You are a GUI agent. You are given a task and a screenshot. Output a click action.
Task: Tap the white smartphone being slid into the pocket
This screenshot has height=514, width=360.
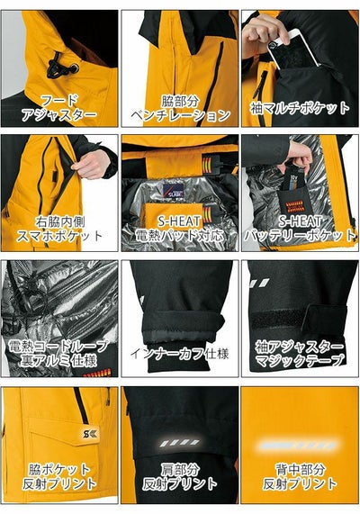(x=294, y=49)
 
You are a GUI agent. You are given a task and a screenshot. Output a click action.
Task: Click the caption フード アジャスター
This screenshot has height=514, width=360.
(x=59, y=108)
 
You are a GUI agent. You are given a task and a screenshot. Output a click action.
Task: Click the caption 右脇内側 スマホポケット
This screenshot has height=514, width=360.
(x=59, y=230)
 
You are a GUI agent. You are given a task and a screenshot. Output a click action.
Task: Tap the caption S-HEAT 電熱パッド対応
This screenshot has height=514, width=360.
(x=180, y=230)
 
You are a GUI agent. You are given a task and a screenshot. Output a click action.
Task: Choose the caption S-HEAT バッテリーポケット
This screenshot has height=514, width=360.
(x=300, y=230)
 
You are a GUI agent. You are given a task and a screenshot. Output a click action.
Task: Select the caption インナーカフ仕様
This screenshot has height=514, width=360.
(x=180, y=354)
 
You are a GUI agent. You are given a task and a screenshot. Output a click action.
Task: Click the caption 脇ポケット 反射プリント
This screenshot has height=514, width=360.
(x=59, y=476)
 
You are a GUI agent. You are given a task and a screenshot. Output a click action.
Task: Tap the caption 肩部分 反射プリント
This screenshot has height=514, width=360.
(x=180, y=476)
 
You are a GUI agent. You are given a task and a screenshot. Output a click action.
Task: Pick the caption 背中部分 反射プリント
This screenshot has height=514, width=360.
(x=300, y=476)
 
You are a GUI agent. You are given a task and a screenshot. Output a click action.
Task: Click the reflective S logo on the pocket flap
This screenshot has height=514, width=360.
(x=88, y=435)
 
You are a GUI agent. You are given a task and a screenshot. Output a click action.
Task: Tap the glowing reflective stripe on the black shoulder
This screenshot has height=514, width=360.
(x=180, y=443)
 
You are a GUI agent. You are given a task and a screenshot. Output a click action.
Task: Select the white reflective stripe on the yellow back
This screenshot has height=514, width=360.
(x=299, y=446)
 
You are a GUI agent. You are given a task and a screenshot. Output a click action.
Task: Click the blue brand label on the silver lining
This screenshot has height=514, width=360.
(x=173, y=190)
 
